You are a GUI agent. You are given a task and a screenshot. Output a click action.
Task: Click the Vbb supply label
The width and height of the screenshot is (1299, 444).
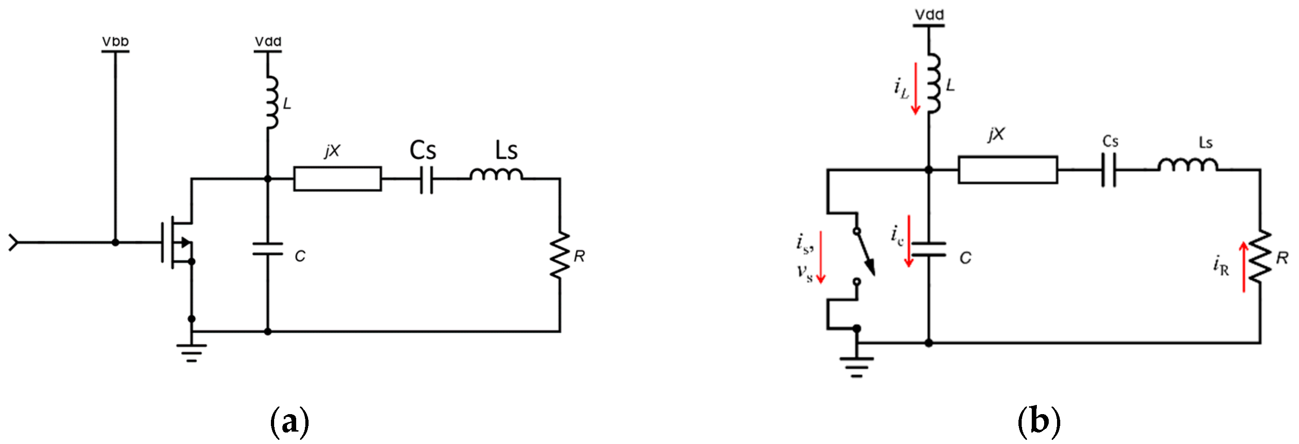point(115,41)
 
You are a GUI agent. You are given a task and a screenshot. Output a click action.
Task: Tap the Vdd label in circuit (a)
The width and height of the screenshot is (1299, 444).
point(268,41)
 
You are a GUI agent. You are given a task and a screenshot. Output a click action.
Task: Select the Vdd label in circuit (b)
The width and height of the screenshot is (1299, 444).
point(929,15)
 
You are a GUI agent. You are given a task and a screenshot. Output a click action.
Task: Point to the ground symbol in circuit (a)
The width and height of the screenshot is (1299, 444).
point(191,352)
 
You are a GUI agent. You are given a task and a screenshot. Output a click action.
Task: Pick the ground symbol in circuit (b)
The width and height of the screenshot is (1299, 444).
point(856,366)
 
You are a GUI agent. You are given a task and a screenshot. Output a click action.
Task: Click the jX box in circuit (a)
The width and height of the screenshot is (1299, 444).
point(337,179)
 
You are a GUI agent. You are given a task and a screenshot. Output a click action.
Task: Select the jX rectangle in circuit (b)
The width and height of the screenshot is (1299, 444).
point(1007,170)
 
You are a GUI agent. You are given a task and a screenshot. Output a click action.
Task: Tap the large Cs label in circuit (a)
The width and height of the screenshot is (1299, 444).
point(422,150)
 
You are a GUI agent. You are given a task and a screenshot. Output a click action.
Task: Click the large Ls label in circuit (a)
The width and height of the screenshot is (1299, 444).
point(506,150)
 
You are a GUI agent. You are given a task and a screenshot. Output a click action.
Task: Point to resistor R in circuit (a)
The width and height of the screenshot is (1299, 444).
point(560,255)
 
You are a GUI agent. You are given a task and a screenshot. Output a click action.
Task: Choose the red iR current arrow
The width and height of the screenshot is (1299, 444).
point(1243,267)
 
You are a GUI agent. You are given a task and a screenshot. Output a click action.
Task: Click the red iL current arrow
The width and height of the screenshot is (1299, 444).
point(915,88)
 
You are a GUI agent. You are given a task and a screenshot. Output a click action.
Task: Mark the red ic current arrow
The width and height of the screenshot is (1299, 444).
point(909,241)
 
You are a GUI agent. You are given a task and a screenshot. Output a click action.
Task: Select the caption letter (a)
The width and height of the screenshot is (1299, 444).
point(289,422)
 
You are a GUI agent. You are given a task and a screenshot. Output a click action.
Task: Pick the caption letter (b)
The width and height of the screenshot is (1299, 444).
point(1039,422)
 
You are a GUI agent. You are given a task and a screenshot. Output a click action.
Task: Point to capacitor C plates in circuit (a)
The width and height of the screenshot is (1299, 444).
point(268,249)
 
